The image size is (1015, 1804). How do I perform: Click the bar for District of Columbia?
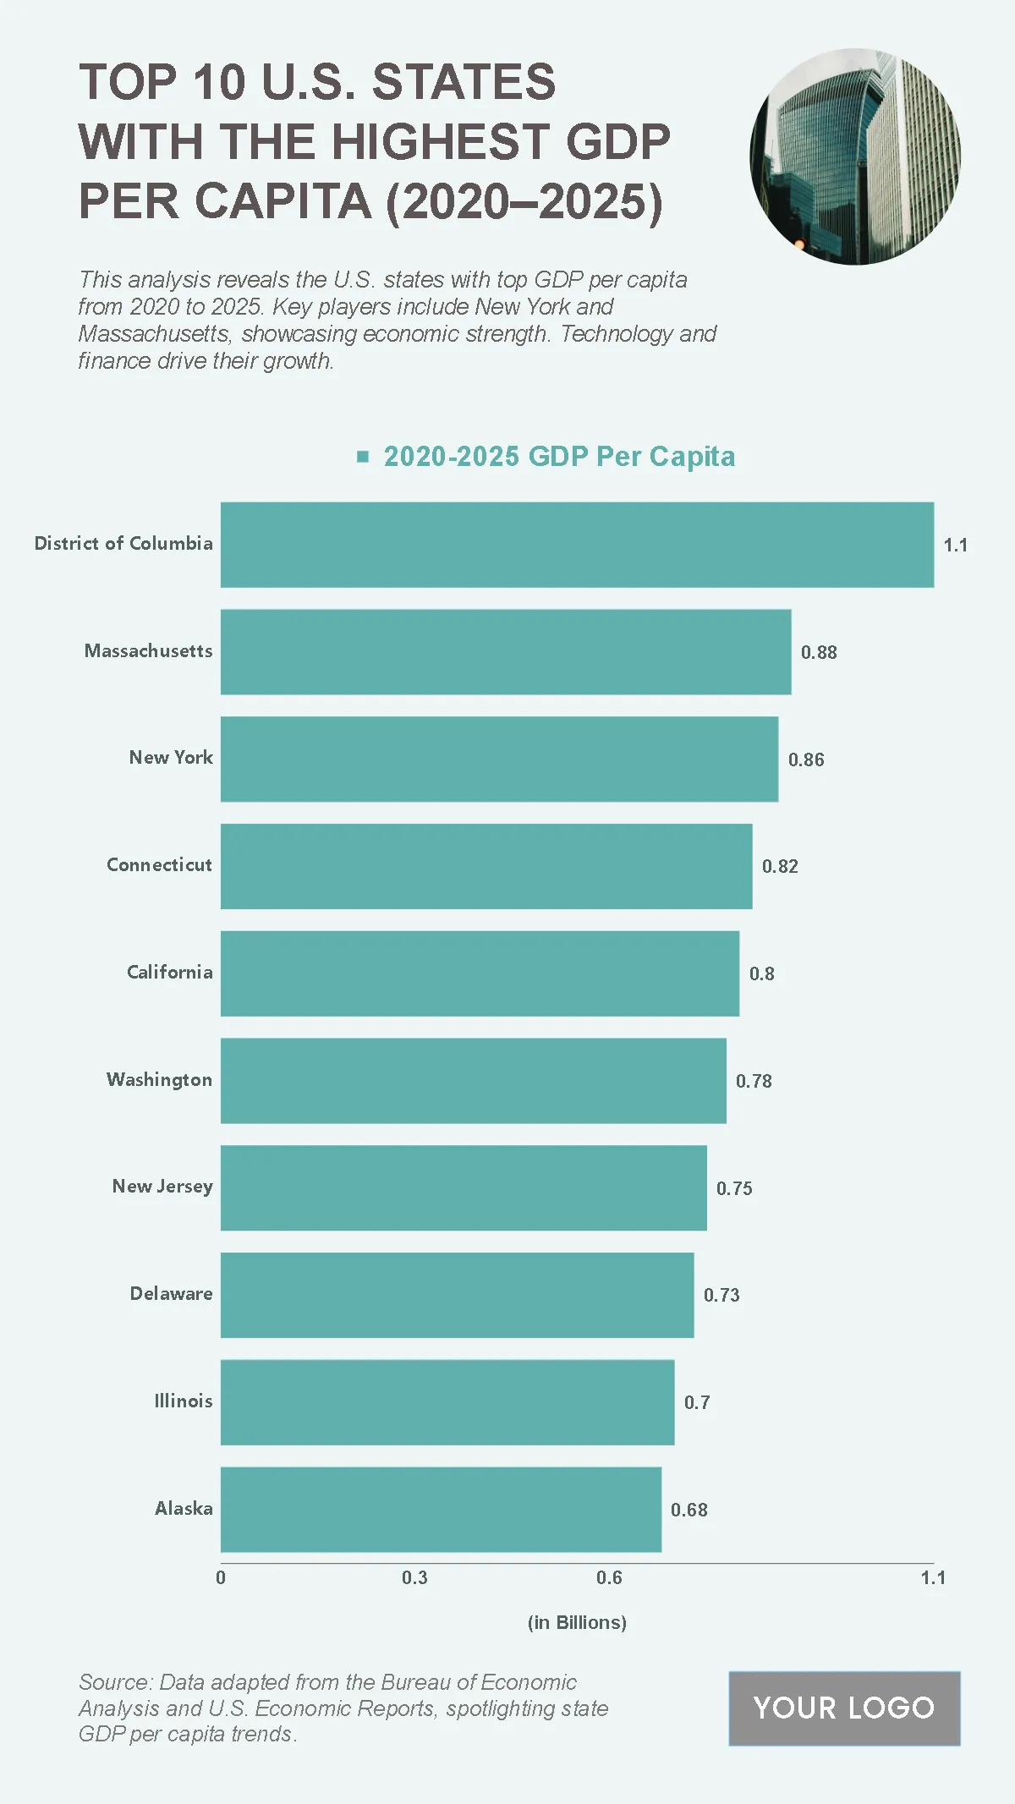[577, 545]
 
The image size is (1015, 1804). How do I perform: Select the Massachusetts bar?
[506, 652]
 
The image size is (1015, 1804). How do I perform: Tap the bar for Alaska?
[441, 1510]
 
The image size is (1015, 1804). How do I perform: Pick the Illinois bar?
[447, 1402]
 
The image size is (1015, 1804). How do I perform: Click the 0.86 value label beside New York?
[806, 759]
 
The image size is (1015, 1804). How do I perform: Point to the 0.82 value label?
[780, 866]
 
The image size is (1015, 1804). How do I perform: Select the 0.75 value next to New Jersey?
[734, 1188]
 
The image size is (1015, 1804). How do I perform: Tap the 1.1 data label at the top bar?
[955, 546]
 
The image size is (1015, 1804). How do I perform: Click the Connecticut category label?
[159, 865]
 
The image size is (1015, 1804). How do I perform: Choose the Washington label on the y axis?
[159, 1080]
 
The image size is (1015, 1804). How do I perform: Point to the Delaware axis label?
[171, 1294]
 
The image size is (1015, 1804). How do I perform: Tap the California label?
[169, 973]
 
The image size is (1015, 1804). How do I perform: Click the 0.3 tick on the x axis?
[414, 1578]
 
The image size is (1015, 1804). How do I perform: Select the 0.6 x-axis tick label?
[609, 1578]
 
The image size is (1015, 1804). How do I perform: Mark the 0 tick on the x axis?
[221, 1578]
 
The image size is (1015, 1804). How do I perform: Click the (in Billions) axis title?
[577, 1623]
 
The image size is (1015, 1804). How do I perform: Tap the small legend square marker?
[363, 457]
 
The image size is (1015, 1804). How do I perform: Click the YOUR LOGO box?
[844, 1708]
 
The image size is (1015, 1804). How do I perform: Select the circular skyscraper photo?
[855, 156]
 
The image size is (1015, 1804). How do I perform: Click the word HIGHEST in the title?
[442, 141]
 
